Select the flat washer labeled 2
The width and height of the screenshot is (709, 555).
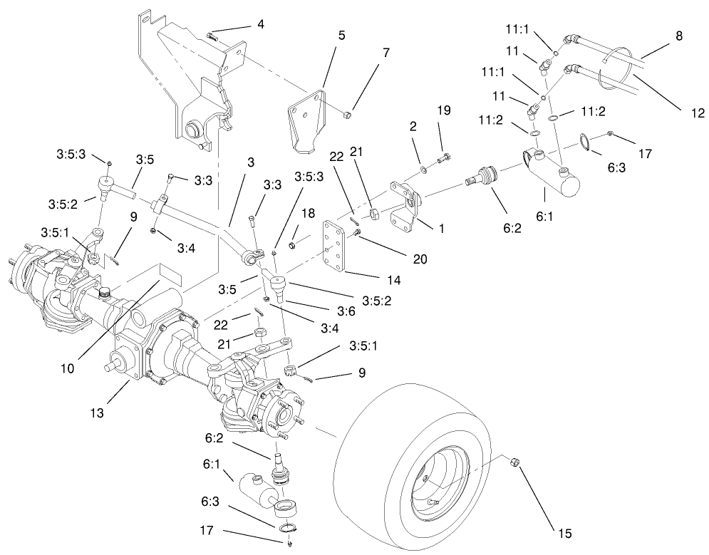coord(422,169)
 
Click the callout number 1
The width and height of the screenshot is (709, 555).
coord(441,229)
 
